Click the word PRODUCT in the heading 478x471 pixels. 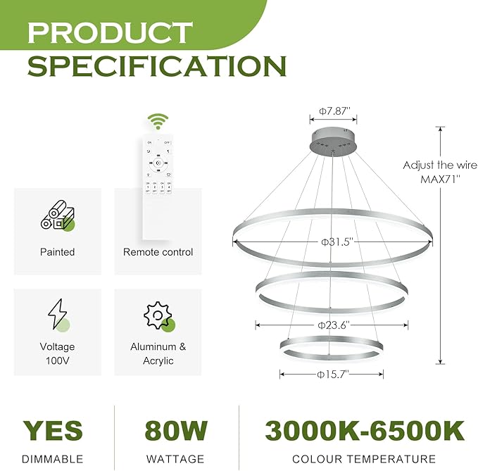click(110, 32)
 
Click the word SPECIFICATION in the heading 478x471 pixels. click(156, 65)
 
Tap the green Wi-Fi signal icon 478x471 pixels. click(158, 121)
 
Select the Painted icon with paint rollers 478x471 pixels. click(58, 215)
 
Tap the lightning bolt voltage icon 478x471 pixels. click(57, 315)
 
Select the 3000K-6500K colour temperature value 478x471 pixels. click(364, 431)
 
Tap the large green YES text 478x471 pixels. click(53, 431)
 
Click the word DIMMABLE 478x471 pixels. click(53, 459)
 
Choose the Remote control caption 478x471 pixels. click(158, 252)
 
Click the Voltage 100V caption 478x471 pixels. click(58, 353)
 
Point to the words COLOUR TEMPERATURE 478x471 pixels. click(364, 459)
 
